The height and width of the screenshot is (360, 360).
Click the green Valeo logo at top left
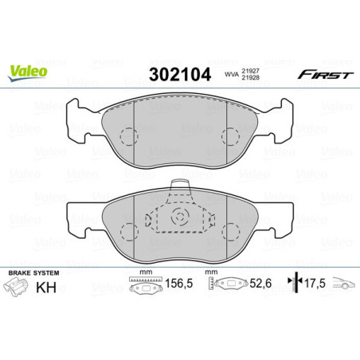pos(28,71)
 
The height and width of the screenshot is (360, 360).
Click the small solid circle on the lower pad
pos(180,217)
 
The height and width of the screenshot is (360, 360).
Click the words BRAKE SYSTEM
pos(30,273)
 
